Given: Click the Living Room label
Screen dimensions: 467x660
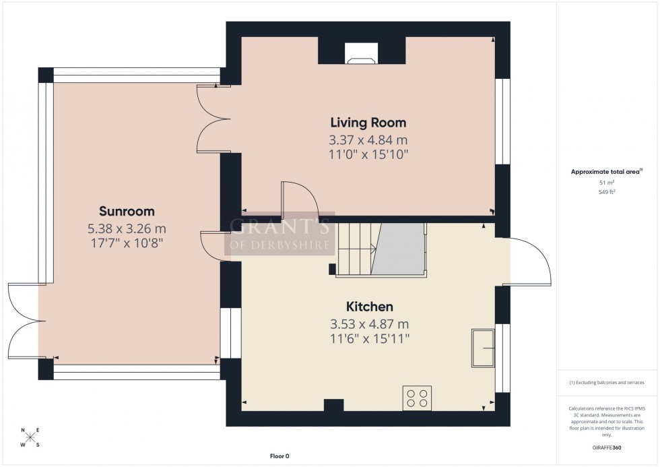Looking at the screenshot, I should pos(368,123).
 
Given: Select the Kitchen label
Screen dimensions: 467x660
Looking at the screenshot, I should pos(369,307).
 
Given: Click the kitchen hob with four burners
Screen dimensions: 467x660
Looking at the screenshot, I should pos(417,398).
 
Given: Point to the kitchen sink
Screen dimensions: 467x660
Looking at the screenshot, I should pos(483,348).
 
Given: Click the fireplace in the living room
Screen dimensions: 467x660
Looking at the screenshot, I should pos(361,53).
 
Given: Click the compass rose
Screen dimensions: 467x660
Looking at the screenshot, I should pos(30,437).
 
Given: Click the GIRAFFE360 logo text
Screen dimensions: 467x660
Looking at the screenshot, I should pos(607,447).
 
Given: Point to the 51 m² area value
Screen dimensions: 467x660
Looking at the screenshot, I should pos(607,183).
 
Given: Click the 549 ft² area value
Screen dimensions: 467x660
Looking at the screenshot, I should pos(607,192).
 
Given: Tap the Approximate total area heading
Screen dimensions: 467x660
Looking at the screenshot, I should pos(606,171).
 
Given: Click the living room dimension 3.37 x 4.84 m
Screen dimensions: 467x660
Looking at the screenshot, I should pos(368,140).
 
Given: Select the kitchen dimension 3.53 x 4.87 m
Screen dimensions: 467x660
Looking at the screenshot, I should pos(369,324).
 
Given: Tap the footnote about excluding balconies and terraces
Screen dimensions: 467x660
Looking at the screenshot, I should pos(607,382).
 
